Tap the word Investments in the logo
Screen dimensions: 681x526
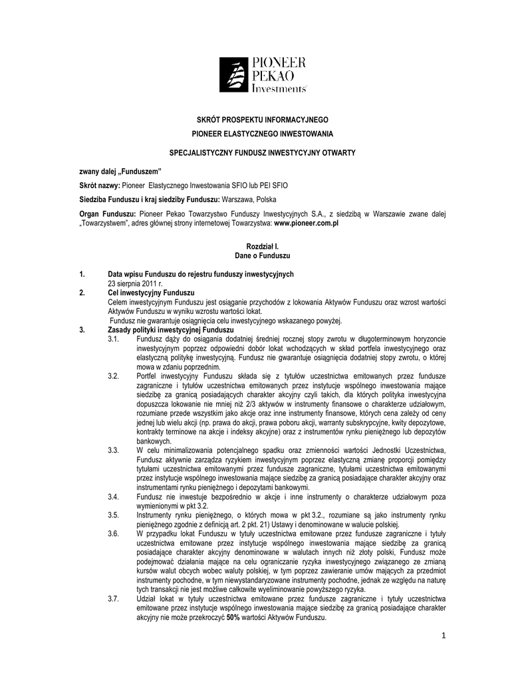(279, 88)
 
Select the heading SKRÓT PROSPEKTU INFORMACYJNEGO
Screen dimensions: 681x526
(263, 120)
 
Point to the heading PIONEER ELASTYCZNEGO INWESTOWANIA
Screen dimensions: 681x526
(263, 134)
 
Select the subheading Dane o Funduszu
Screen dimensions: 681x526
(263, 255)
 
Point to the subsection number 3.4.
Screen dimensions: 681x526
(113, 497)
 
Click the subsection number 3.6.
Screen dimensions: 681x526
(113, 533)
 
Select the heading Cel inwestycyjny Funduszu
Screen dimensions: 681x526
(150, 293)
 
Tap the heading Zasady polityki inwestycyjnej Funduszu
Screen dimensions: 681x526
(171, 330)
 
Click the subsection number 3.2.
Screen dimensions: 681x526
(113, 376)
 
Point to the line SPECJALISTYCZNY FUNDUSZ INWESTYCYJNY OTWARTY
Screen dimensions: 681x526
(263, 153)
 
